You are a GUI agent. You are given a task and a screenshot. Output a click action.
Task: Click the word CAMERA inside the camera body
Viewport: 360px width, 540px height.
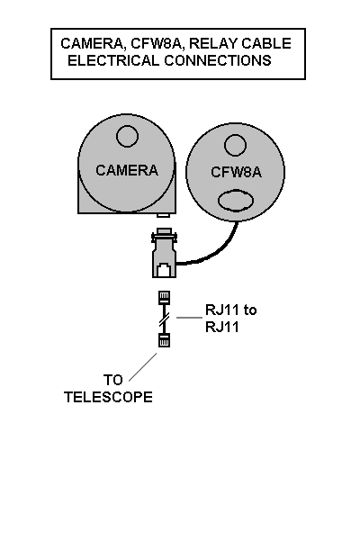click(x=127, y=170)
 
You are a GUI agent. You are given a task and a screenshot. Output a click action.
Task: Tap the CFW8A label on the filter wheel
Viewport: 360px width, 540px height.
click(x=237, y=173)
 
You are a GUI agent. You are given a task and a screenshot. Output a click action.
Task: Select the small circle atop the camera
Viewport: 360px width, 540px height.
click(x=127, y=136)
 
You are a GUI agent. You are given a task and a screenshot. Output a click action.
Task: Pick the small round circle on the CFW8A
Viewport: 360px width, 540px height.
click(x=235, y=145)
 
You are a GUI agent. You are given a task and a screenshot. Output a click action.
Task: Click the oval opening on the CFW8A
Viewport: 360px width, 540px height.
click(x=236, y=200)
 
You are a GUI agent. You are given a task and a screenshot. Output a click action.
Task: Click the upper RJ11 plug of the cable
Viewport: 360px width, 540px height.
click(x=164, y=297)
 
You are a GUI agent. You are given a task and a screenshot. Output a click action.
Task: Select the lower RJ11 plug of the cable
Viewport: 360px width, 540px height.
click(x=164, y=340)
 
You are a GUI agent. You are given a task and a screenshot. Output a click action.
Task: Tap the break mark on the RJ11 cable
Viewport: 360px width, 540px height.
click(x=164, y=319)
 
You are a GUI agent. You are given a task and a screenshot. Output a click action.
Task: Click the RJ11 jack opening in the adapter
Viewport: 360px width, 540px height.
click(x=164, y=269)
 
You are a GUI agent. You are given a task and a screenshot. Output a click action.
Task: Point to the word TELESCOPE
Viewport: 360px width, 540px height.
click(x=108, y=397)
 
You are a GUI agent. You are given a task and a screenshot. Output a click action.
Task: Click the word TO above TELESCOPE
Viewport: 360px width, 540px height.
click(x=113, y=380)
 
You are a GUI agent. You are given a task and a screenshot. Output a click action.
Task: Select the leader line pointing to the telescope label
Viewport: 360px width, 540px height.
click(x=142, y=367)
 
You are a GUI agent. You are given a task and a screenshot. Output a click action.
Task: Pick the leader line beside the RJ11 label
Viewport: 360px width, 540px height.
click(x=189, y=318)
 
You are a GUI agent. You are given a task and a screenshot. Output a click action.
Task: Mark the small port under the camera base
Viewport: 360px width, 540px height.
click(x=163, y=215)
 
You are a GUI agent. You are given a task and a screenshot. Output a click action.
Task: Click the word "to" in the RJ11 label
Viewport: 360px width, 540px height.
click(x=250, y=310)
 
